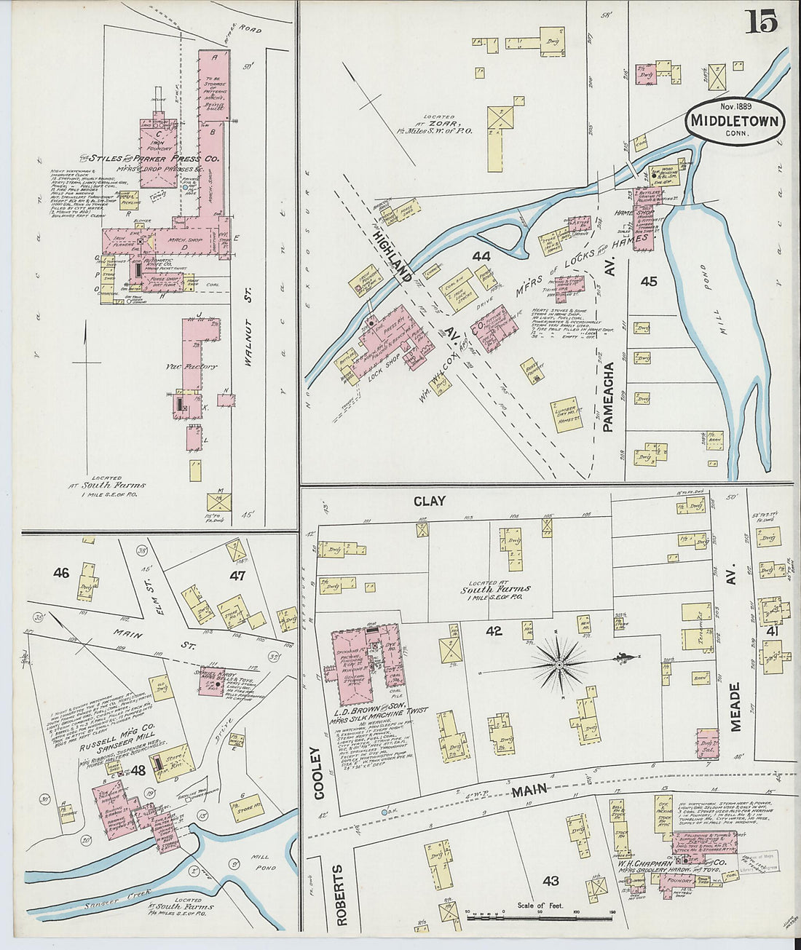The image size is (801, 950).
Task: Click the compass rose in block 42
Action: (x=559, y=663)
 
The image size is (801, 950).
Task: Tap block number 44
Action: (x=481, y=256)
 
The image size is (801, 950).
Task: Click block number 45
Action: (x=649, y=280)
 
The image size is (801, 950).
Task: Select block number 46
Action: (x=61, y=573)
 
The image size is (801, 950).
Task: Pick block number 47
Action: (x=237, y=576)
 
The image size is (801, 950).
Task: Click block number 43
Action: (x=551, y=881)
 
